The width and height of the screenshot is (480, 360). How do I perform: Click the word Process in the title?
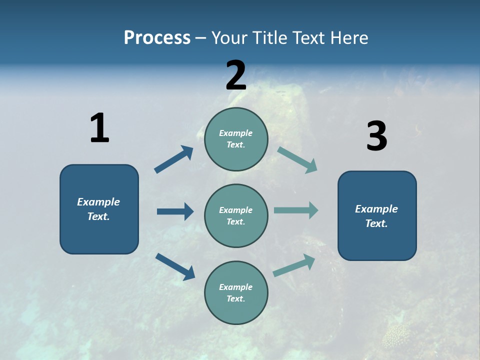pos(157,37)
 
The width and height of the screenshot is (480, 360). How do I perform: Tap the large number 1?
pos(99,128)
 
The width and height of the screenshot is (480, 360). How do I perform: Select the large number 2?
pos(236,75)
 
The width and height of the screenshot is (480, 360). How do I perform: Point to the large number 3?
pos(376,136)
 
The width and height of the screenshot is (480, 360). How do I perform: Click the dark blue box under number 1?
pos(99,209)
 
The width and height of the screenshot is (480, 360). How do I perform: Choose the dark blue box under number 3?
pos(377,215)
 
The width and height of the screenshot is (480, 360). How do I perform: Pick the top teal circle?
pos(236,139)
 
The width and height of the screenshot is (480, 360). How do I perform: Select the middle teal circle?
pos(236,215)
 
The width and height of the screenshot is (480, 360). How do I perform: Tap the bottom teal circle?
pos(236,292)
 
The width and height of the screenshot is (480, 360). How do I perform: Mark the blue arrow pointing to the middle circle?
pos(175,211)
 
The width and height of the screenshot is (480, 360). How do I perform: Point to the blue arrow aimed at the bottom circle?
pos(175,266)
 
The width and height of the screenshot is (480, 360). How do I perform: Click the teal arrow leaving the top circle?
pos(297,160)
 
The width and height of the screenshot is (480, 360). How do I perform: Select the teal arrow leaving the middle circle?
pos(296,210)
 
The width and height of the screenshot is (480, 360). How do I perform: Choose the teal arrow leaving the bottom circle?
pos(294,265)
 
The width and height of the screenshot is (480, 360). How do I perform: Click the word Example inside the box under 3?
pos(376,209)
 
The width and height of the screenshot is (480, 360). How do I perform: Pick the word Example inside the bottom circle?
pos(236,287)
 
